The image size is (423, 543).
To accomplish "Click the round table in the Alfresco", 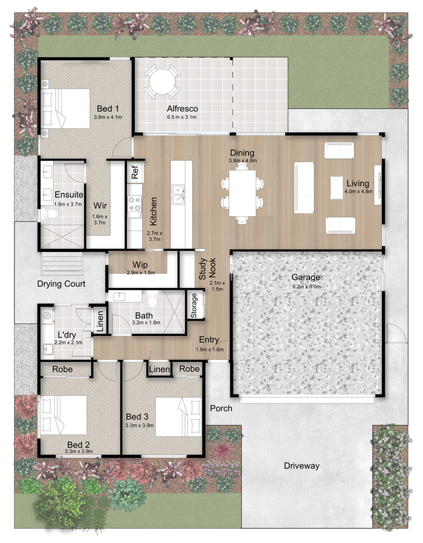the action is (162, 82).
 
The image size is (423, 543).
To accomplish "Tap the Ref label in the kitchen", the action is (135, 172).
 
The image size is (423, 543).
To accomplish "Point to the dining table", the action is (242, 193).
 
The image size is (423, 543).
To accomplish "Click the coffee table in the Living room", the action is (337, 188).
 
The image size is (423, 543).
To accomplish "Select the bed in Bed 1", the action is (65, 109).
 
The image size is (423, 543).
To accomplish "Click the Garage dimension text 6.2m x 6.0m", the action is (306, 286).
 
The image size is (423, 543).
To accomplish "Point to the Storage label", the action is (193, 305).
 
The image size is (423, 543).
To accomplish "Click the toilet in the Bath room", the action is (152, 298).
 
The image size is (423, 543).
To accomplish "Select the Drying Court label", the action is (61, 284).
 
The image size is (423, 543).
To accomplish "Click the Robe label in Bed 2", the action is (62, 369).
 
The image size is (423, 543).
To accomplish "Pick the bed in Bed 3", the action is (178, 417).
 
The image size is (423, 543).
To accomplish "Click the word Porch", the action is (221, 408).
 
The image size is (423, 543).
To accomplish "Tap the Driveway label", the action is (302, 466).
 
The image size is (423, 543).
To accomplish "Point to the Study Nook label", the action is (207, 268).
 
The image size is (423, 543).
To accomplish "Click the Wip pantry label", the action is (140, 265).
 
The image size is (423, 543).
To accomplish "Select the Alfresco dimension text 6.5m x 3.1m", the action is (181, 117).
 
